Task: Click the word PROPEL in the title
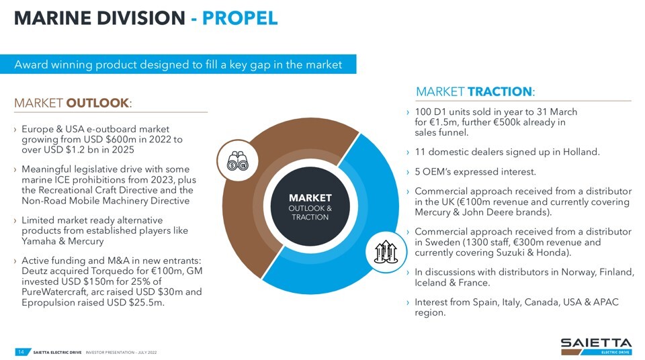click(240, 18)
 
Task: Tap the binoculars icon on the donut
click(237, 161)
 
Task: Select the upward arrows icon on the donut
click(386, 252)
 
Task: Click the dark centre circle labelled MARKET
click(310, 206)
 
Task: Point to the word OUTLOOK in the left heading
click(97, 103)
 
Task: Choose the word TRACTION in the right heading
click(499, 91)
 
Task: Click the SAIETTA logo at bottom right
click(596, 347)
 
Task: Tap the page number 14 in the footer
click(21, 352)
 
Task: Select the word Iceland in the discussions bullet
click(430, 283)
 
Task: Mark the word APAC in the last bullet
click(605, 302)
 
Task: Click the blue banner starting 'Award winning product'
click(178, 64)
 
